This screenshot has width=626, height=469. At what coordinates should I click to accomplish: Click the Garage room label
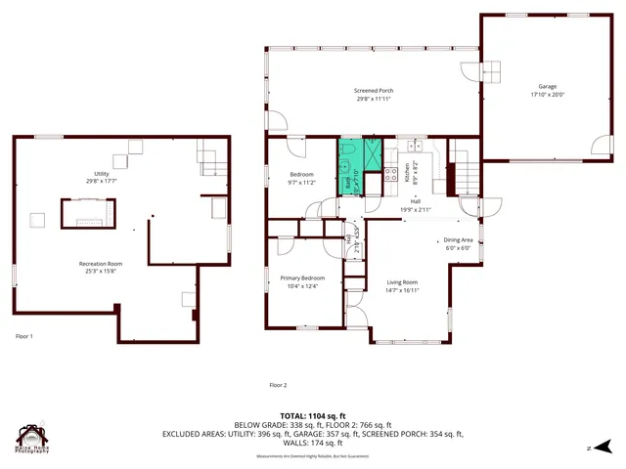pyautogui.click(x=547, y=87)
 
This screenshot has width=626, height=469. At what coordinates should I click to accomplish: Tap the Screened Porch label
pyautogui.click(x=374, y=91)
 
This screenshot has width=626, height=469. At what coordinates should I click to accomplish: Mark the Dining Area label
pyautogui.click(x=459, y=239)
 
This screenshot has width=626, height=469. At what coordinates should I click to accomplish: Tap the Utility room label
pyautogui.click(x=101, y=173)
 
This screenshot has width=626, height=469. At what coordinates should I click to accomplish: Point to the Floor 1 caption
pyautogui.click(x=24, y=336)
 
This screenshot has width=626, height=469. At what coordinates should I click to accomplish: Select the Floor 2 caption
pyautogui.click(x=278, y=385)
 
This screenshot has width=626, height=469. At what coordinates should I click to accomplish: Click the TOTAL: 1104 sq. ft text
pyautogui.click(x=312, y=416)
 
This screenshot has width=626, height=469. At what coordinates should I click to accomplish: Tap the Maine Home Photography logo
pyautogui.click(x=33, y=439)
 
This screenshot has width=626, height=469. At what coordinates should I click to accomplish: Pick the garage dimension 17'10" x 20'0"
pyautogui.click(x=547, y=95)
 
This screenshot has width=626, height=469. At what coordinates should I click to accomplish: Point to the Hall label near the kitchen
pyautogui.click(x=416, y=202)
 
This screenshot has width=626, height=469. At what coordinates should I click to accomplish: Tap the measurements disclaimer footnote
pyautogui.click(x=312, y=456)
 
